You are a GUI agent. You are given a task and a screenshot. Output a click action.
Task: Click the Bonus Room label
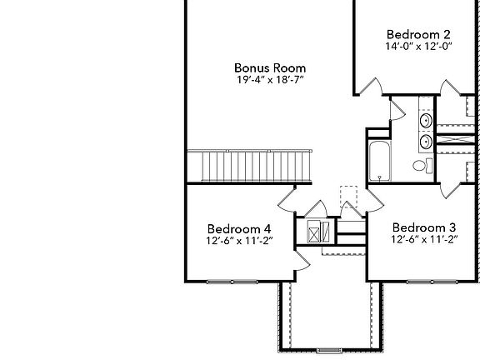(270, 67)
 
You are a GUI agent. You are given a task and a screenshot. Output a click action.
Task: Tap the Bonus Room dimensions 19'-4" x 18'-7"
(270, 81)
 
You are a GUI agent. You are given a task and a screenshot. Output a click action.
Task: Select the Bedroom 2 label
(418, 34)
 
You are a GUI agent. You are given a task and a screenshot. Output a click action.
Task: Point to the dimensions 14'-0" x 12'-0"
(418, 47)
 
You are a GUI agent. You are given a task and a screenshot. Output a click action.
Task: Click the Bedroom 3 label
(424, 227)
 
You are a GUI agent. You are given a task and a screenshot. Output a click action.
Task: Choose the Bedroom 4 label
(238, 228)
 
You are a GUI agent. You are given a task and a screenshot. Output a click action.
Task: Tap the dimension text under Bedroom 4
(238, 241)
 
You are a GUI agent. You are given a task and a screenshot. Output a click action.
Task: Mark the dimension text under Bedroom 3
(424, 239)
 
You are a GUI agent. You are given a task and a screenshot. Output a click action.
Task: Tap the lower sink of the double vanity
(426, 142)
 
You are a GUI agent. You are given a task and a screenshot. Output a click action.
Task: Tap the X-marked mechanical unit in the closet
(313, 232)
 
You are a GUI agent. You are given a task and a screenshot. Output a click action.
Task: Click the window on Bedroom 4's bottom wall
(228, 282)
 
